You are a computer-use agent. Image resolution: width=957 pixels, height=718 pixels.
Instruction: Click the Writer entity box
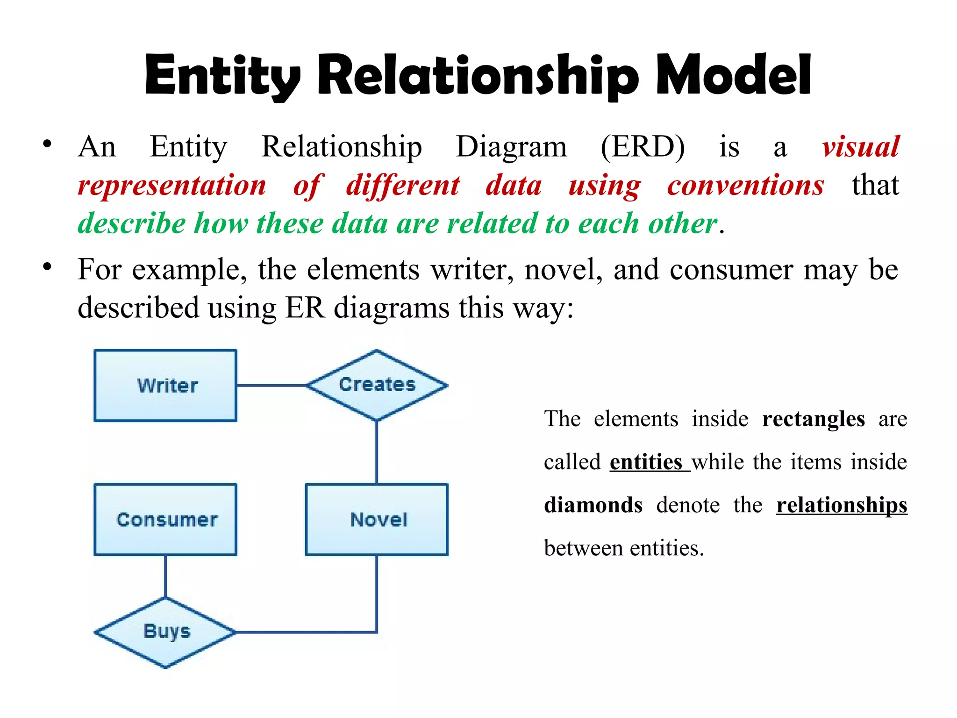click(x=165, y=386)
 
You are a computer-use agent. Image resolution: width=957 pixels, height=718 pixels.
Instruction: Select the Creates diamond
click(x=377, y=385)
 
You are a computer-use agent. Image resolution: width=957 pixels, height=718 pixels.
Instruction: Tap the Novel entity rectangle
click(x=377, y=519)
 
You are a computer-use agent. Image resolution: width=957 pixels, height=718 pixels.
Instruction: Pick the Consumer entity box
click(x=165, y=519)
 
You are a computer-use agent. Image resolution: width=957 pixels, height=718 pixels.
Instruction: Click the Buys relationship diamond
click(x=165, y=632)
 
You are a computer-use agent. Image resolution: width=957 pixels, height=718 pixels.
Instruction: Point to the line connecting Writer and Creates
click(x=271, y=386)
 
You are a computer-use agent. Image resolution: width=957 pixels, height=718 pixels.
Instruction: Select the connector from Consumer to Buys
click(x=165, y=576)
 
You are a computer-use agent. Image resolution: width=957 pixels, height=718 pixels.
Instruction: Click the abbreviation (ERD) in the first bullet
click(x=643, y=147)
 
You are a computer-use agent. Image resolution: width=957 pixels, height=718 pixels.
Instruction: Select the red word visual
click(x=861, y=147)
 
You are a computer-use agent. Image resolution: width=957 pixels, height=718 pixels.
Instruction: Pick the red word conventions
click(x=745, y=185)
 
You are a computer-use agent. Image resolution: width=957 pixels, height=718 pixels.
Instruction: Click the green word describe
click(x=131, y=223)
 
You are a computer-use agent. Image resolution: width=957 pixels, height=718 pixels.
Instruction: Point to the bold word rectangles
click(x=813, y=419)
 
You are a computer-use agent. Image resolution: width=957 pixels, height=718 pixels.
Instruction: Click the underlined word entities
click(x=646, y=462)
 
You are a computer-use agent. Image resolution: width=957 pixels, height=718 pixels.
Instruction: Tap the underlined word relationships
click(x=842, y=505)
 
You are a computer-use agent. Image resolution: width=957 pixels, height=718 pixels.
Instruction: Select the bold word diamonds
click(x=593, y=505)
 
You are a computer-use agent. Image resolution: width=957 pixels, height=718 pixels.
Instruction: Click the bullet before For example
click(x=47, y=267)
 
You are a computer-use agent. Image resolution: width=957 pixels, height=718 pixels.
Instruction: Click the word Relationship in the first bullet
click(x=342, y=147)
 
